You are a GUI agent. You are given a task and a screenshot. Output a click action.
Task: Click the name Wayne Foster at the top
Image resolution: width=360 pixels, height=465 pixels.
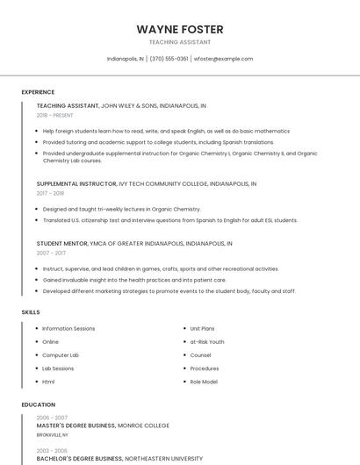[179, 29]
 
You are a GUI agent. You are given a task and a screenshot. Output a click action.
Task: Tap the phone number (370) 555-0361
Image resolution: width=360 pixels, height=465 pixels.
[169, 59]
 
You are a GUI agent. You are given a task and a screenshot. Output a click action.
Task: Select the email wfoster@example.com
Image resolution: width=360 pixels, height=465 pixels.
[223, 59]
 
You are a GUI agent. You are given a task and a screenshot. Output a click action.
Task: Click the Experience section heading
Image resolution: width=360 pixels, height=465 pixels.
[38, 92]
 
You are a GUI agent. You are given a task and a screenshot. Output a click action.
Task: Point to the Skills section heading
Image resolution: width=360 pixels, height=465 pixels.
[31, 311]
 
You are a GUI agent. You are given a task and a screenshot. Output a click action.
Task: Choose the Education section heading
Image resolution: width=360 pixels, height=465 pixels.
[38, 404]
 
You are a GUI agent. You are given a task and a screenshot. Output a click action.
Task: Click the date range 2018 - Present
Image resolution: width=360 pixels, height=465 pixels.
[55, 115]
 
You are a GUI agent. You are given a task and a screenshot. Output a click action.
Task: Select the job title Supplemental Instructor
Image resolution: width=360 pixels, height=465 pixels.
[76, 184]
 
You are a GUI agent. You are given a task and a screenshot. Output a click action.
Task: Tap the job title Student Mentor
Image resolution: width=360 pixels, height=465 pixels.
[61, 242]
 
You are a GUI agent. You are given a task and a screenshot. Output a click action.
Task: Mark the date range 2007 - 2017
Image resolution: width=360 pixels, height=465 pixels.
[50, 252]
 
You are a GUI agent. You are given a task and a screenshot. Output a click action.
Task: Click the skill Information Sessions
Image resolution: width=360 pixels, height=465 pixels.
[68, 328]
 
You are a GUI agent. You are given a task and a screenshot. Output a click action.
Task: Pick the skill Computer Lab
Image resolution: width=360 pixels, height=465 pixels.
[61, 355]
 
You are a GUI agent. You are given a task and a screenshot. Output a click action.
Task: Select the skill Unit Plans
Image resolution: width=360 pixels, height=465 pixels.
[202, 328]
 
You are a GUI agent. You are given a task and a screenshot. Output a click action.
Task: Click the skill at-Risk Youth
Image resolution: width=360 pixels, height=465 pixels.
[207, 341]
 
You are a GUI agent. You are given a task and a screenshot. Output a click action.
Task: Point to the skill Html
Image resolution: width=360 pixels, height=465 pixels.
[48, 382]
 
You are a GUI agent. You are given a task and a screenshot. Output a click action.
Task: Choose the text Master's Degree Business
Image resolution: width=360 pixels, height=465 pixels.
[76, 425]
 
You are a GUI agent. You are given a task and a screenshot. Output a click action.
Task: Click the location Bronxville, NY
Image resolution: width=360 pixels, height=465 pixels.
[52, 434]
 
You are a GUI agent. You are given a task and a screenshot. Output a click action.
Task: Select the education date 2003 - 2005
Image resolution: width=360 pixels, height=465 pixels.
[52, 449]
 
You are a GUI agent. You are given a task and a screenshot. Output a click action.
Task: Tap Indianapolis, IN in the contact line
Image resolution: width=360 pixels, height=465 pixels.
[125, 59]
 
